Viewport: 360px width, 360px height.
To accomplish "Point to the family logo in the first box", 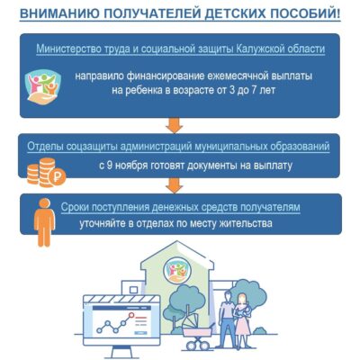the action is coord(44,86).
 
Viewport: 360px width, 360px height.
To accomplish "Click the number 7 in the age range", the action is coord(254,90).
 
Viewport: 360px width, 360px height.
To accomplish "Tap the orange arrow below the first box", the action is coord(174,125).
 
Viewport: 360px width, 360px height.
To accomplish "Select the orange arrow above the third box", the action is coord(174,185).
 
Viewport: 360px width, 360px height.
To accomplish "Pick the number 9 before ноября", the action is coord(110,166).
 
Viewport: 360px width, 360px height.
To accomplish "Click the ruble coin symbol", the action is coord(57,178).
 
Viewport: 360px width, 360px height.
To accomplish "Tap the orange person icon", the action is coord(44,222).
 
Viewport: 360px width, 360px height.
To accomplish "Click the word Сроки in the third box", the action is coord(75,208).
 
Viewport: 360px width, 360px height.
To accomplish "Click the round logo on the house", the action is coord(177,270).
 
